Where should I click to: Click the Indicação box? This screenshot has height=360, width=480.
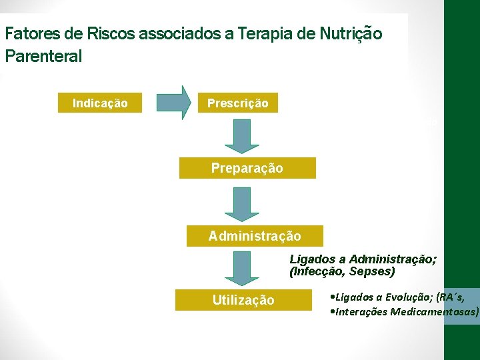click(100, 103)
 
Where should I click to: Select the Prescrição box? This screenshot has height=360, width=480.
click(237, 103)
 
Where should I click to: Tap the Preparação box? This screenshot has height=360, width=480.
click(247, 169)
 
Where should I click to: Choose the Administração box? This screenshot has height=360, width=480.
click(255, 236)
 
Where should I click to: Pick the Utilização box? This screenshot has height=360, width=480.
click(243, 300)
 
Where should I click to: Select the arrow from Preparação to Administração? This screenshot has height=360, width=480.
click(241, 203)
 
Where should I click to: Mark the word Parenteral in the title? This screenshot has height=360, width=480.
click(43, 56)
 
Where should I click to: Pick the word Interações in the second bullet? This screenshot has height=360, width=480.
click(363, 311)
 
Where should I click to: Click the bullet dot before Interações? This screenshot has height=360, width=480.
click(333, 311)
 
